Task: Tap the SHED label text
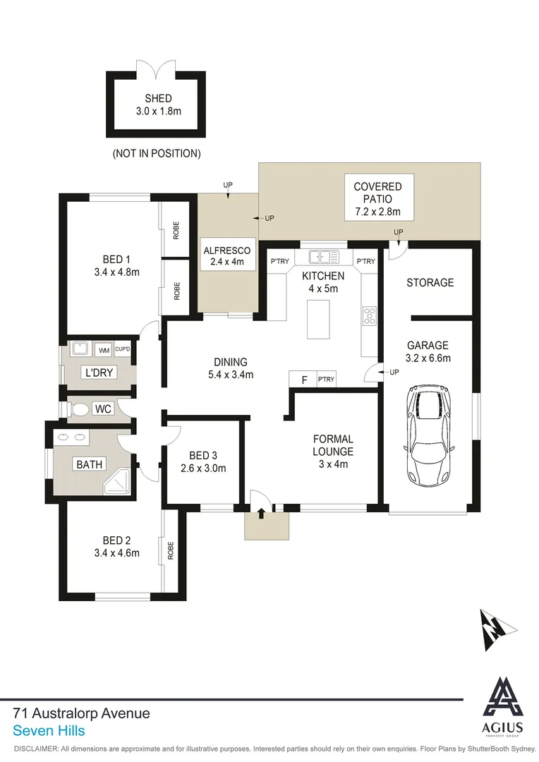coord(158,99)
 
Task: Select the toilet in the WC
coord(79,409)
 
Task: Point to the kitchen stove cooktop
coord(369,315)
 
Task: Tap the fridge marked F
coord(304,380)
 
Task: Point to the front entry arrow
coord(262,513)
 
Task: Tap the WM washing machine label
coord(104,350)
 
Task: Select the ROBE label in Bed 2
coord(170,550)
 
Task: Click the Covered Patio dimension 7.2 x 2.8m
coord(377,212)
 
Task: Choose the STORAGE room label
coord(430,282)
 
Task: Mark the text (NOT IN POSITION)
coord(157,153)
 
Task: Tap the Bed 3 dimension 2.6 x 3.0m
coord(202,468)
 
